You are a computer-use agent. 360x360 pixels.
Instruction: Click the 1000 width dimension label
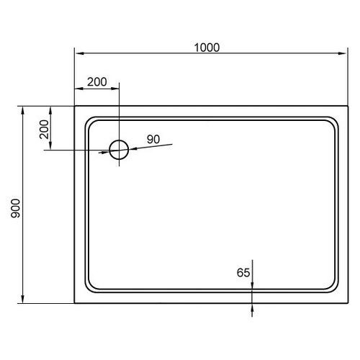point(206,48)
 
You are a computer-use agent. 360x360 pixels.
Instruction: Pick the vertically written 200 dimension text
point(43,130)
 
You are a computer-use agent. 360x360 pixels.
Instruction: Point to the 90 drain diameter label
point(153,139)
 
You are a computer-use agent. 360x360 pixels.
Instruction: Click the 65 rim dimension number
point(243,272)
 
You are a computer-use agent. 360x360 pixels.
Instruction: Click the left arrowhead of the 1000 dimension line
point(78,54)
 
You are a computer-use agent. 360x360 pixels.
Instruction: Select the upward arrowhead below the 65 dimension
point(253,305)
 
